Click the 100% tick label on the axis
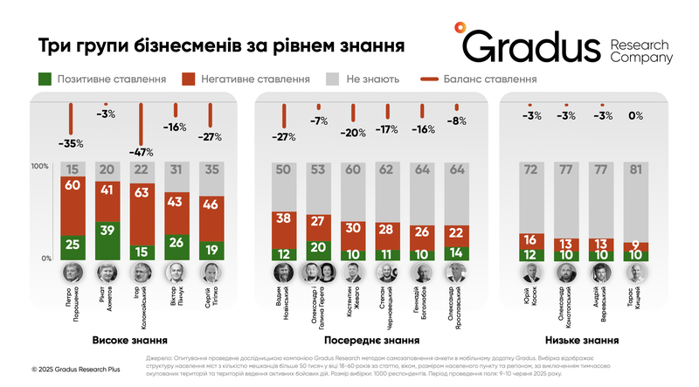pyautogui.click(x=41, y=166)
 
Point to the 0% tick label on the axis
pyautogui.click(x=45, y=259)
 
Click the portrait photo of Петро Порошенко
pyautogui.click(x=73, y=272)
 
